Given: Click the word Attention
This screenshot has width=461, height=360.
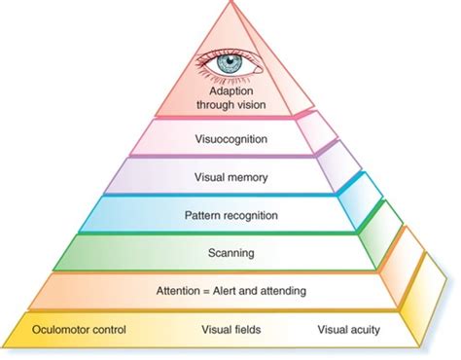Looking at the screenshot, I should (x=179, y=290).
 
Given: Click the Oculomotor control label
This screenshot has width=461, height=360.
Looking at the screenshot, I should (x=75, y=329).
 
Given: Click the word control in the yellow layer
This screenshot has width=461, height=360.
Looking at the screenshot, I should (x=102, y=329).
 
